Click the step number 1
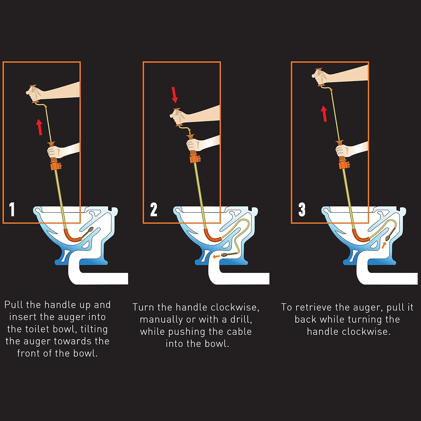click(12, 209)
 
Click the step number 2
click(154, 209)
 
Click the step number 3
click(302, 209)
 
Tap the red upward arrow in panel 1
click(40, 127)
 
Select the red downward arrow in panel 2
click(175, 95)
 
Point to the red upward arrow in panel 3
click(324, 114)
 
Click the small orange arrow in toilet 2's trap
click(216, 256)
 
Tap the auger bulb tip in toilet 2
click(225, 255)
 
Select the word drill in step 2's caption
click(241, 320)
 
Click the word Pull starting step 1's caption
click(14, 305)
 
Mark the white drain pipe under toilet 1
click(98, 278)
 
